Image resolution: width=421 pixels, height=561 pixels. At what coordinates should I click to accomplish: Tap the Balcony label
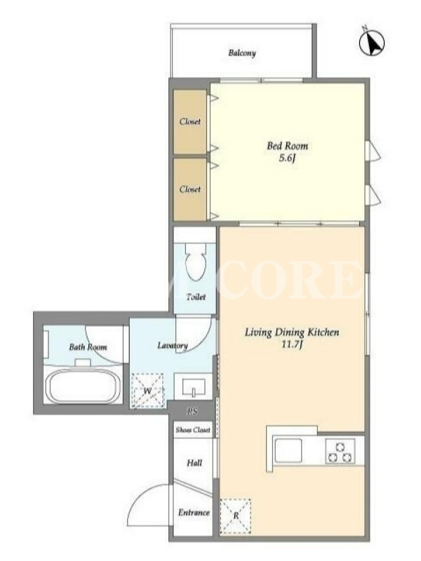point(242,53)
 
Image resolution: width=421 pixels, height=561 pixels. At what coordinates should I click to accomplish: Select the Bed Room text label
point(288,146)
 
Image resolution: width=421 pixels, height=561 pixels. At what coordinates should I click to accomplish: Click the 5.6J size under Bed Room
point(288,158)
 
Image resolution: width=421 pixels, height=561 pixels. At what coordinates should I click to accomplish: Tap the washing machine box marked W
point(147,391)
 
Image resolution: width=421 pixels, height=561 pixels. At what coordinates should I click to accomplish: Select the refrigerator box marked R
point(236,516)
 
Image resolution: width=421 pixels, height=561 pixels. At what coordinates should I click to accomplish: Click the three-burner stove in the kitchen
point(340,452)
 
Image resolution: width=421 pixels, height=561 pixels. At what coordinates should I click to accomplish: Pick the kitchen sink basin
point(288,450)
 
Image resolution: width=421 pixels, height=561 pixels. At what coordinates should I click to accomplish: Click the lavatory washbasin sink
point(194,386)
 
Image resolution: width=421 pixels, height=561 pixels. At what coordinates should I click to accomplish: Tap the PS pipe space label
point(192,412)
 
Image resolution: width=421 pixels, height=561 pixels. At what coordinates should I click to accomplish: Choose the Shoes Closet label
point(193,430)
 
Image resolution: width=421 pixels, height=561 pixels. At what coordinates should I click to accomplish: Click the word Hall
point(194,463)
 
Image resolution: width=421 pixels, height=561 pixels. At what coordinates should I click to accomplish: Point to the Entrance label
point(194,513)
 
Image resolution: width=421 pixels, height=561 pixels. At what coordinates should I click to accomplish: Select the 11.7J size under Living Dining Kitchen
point(292,345)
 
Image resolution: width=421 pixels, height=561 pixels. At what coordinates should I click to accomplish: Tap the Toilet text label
point(196,297)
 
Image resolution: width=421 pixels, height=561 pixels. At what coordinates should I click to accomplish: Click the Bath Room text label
point(88,346)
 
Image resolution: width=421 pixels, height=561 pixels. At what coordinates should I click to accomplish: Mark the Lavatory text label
point(173,346)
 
